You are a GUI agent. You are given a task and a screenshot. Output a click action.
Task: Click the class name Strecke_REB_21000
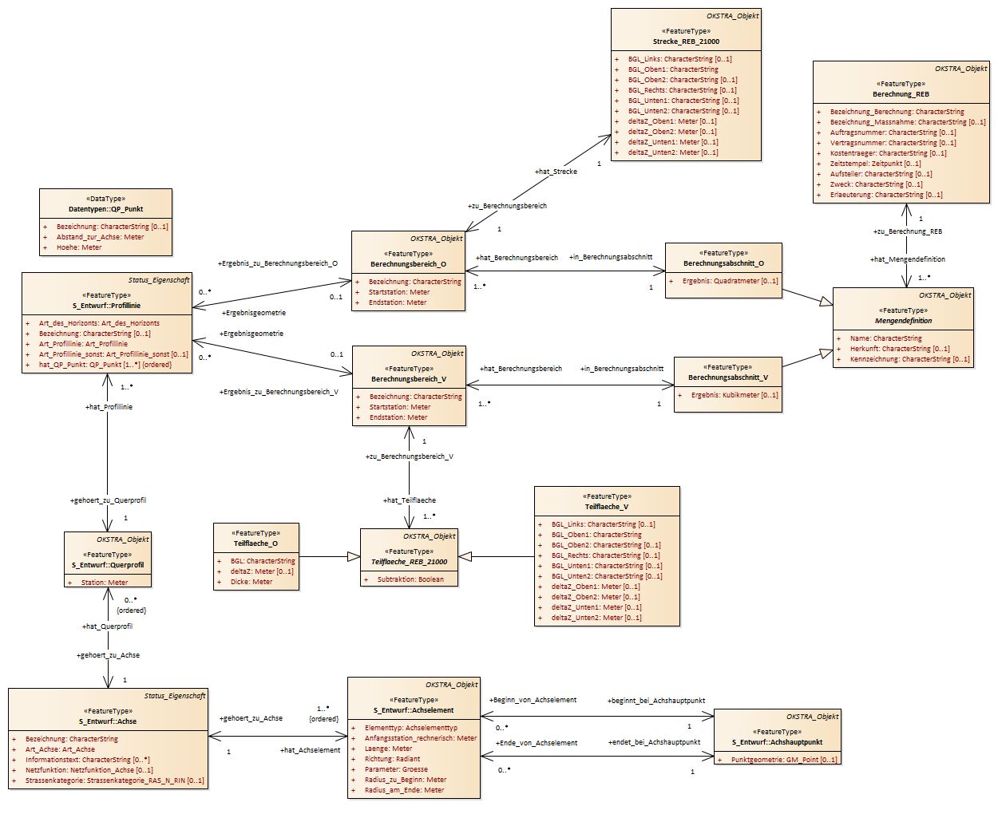[686, 41]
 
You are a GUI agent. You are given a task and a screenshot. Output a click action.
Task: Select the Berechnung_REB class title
[901, 94]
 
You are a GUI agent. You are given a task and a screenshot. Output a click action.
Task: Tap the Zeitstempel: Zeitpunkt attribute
[875, 164]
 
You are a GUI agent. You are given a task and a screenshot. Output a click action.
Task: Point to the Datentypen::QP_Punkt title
[105, 209]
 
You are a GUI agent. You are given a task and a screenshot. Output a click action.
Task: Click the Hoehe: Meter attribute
[79, 247]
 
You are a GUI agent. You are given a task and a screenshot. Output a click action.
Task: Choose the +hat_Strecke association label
[556, 172]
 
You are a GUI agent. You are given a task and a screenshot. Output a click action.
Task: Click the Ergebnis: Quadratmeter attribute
[730, 281]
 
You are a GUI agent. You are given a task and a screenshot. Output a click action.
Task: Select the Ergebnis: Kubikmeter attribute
[735, 395]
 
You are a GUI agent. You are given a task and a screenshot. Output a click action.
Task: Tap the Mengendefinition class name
[903, 321]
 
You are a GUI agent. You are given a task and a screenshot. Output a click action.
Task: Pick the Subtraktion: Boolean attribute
[410, 579]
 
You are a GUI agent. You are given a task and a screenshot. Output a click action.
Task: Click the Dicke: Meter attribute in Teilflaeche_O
[251, 582]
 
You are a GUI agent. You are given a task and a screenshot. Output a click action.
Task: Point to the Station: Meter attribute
[105, 583]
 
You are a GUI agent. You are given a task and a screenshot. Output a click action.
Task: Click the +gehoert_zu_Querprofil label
[108, 500]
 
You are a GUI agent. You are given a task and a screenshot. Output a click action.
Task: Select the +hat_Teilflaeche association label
[409, 500]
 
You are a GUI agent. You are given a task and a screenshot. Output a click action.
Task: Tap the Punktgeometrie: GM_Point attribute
[784, 760]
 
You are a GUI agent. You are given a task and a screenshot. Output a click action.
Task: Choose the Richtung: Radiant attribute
[392, 759]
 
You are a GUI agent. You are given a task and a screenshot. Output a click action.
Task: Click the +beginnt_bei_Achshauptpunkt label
[656, 701]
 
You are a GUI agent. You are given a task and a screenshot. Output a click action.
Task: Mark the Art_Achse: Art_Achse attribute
[60, 749]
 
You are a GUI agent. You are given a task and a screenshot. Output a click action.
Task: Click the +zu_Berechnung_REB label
[908, 231]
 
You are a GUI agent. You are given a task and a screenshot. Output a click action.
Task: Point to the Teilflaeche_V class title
[607, 507]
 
